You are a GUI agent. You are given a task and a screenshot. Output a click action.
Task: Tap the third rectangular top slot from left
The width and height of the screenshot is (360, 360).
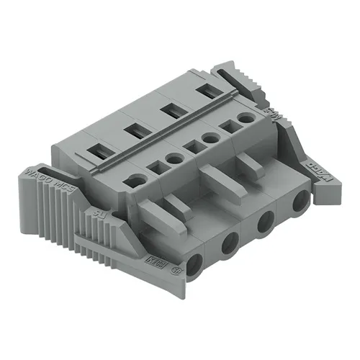click(x=171, y=110)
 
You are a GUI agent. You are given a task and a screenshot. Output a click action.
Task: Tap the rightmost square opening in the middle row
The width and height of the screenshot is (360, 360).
click(x=229, y=125)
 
